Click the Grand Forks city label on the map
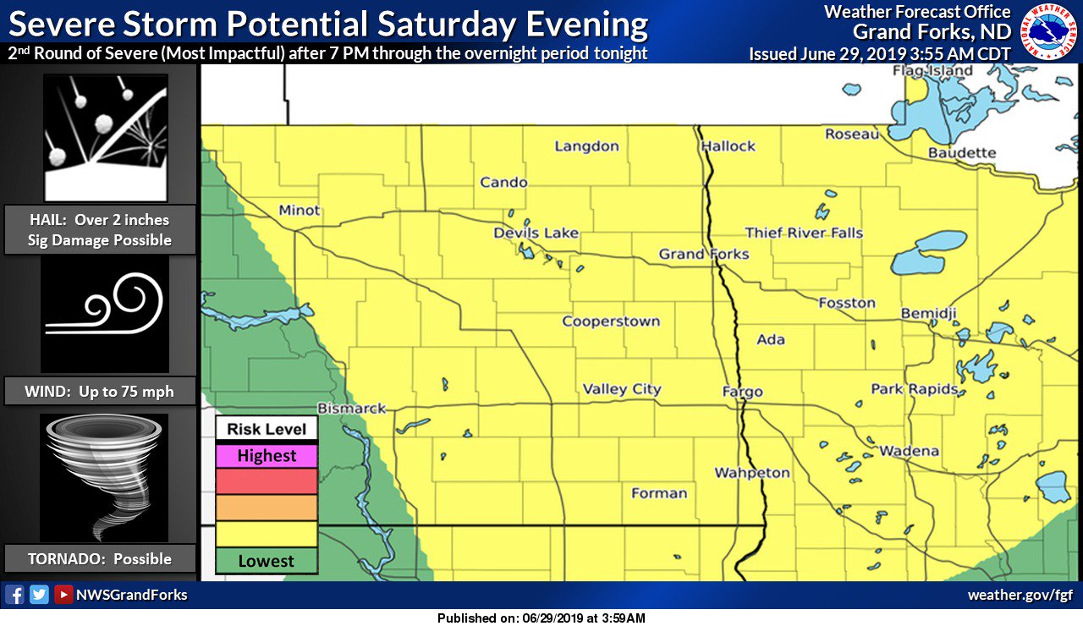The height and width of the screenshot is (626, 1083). tap(704, 254)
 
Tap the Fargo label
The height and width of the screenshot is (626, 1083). tap(742, 392)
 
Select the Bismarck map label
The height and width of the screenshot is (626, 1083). tap(351, 409)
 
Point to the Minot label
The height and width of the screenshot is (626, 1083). tap(300, 211)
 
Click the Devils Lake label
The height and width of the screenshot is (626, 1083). tap(536, 233)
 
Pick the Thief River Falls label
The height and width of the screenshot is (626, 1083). tap(804, 233)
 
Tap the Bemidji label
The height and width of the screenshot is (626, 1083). tap(928, 314)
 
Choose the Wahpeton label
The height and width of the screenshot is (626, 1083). tap(752, 473)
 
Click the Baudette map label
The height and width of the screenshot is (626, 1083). tap(962, 153)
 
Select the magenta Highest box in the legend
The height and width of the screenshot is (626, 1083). tap(267, 456)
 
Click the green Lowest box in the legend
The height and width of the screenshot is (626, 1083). tap(267, 561)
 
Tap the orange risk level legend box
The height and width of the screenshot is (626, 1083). tap(267, 508)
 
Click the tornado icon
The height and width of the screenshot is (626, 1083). tap(105, 477)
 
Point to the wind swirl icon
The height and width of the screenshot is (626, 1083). tap(105, 314)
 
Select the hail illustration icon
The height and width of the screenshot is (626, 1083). tap(105, 137)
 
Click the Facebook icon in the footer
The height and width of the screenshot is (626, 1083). tap(14, 595)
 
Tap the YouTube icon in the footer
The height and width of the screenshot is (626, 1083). tap(63, 595)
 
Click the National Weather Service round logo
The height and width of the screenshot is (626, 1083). tap(1048, 31)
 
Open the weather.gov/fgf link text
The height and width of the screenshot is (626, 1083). tap(1020, 596)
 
